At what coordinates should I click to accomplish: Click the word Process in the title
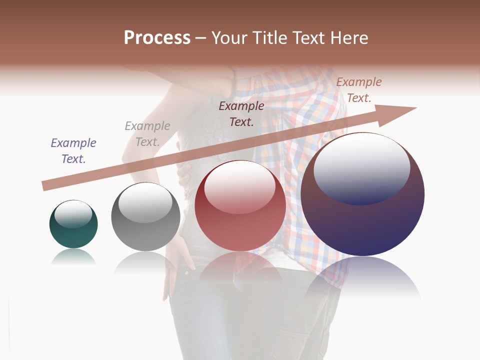pyautogui.click(x=157, y=38)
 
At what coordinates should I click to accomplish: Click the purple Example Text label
pyautogui.click(x=73, y=151)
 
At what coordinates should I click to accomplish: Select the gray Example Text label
pyautogui.click(x=147, y=134)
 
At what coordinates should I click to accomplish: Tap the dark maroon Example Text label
pyautogui.click(x=241, y=113)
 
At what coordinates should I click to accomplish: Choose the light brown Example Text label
pyautogui.click(x=358, y=90)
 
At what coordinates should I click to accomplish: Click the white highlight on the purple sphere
pyautogui.click(x=361, y=167)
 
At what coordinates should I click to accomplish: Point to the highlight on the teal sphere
pyautogui.click(x=73, y=214)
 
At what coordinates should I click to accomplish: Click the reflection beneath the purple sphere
pyautogui.click(x=362, y=277)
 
